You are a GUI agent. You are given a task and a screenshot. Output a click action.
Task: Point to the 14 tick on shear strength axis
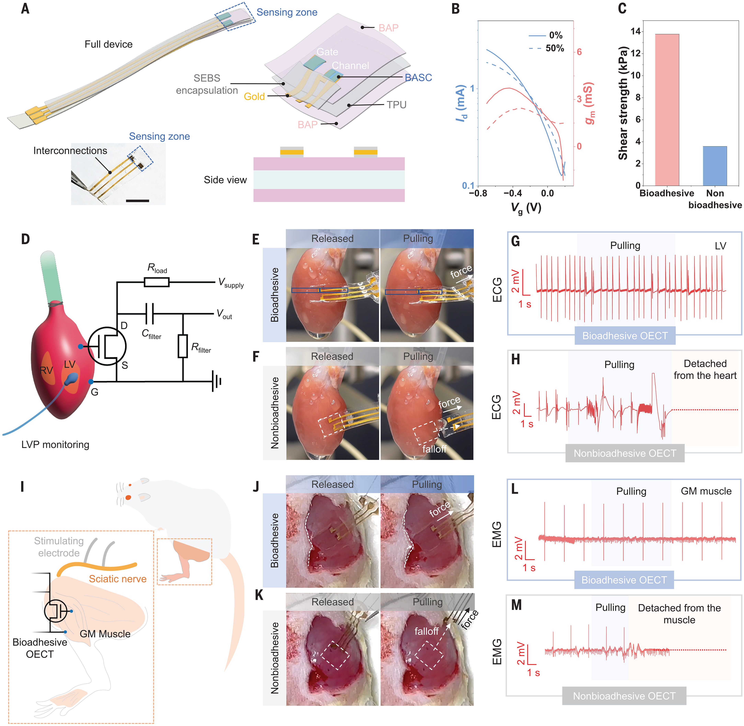click(x=636, y=31)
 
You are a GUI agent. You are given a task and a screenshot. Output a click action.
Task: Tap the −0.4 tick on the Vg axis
click(x=512, y=193)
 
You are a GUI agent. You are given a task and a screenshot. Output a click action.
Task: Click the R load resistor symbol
click(x=157, y=282)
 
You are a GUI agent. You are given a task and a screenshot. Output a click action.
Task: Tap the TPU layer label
click(x=396, y=105)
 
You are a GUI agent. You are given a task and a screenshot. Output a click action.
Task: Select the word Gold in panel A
click(x=254, y=97)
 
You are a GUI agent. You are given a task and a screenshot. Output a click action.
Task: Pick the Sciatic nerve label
click(x=118, y=579)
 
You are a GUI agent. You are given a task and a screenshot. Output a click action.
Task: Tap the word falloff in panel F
click(x=434, y=449)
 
